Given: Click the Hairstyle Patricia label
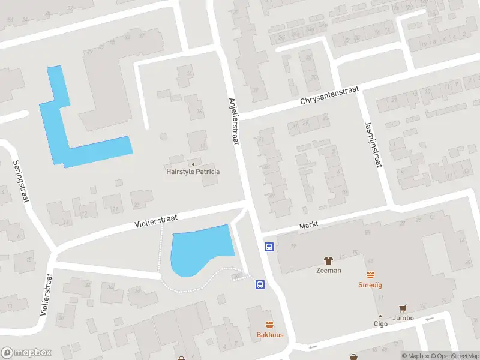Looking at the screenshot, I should click(193, 172).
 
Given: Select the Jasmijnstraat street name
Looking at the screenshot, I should click(373, 144).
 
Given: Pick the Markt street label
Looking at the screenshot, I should click(308, 224).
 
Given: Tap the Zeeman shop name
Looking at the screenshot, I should click(328, 270).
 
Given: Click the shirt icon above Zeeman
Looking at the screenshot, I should click(328, 260).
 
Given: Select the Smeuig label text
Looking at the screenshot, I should click(370, 285).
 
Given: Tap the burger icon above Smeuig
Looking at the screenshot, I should click(370, 275).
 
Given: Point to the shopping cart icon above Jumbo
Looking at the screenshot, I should click(403, 308).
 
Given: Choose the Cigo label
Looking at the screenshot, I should click(380, 324).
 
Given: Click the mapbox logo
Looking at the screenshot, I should click(26, 352).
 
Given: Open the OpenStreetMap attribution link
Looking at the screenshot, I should click(454, 356).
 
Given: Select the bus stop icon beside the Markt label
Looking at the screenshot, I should click(269, 247).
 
